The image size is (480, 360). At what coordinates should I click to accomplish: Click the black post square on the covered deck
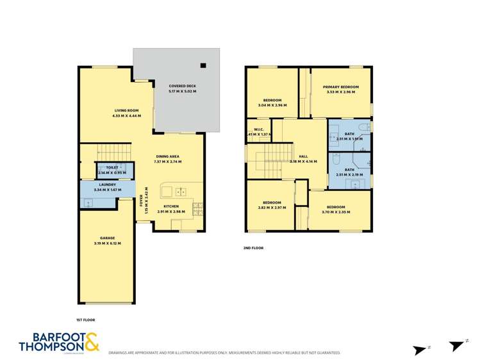203,65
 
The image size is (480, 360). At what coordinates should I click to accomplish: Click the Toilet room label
112,169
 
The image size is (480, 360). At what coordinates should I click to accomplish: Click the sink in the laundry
88,202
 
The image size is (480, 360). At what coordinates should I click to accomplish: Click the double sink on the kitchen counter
181,191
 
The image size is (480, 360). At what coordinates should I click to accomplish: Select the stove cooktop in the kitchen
199,208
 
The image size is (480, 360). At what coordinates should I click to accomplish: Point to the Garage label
107,240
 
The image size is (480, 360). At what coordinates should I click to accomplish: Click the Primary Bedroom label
340,89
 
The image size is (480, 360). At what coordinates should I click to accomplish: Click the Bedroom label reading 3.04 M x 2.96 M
272,102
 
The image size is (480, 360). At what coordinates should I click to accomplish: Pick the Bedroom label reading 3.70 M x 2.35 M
336,209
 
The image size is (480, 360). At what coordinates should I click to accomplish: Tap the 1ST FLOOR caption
85,319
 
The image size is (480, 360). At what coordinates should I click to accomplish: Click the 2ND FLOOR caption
253,247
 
